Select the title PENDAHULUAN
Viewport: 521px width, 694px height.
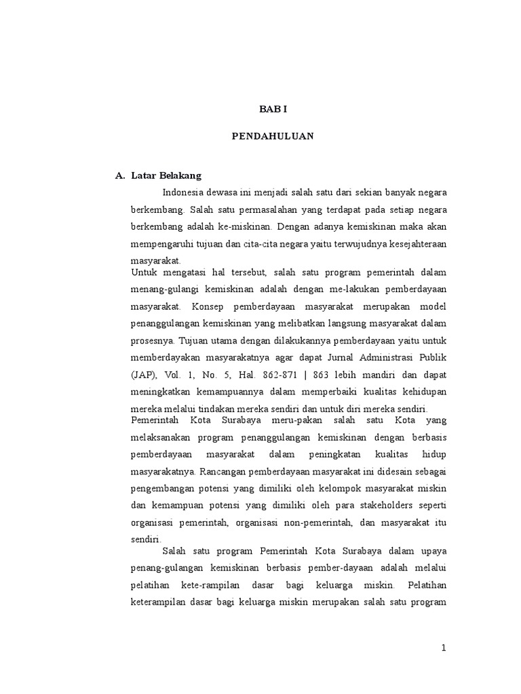272,136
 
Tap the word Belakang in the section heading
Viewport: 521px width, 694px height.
178,176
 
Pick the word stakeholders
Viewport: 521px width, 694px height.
392,505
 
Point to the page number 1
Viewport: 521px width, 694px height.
444,648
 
